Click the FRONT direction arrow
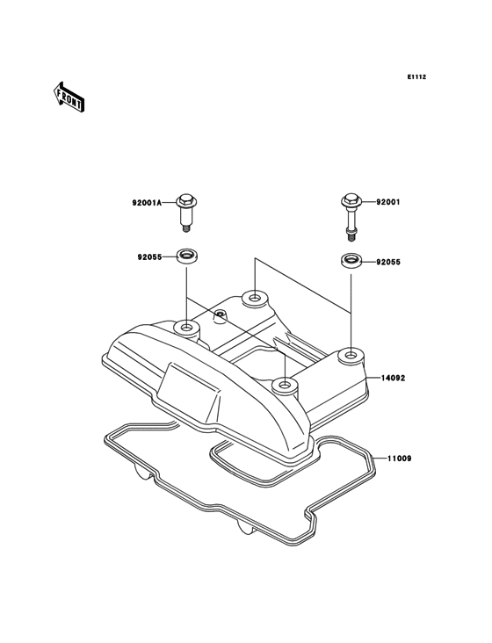pos(69,97)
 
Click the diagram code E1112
pos(416,76)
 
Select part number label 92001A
pos(148,203)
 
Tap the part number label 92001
pos(388,202)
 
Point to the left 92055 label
pos(149,257)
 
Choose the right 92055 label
pos(388,262)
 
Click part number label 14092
pos(393,378)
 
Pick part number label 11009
pos(399,459)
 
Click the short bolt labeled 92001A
pos(186,213)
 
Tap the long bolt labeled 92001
pos(351,216)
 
